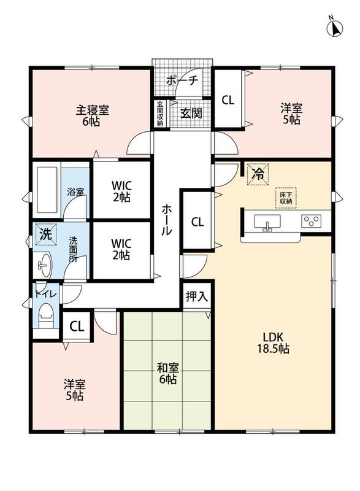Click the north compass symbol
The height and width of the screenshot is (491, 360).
[x=335, y=28]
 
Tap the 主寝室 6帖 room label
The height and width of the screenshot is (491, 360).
[x=92, y=116]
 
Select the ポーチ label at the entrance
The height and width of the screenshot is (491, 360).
[x=182, y=81]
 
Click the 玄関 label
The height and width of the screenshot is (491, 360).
[x=191, y=114]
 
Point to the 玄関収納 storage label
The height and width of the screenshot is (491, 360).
[x=160, y=114]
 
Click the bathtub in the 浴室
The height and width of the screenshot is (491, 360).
[x=47, y=190]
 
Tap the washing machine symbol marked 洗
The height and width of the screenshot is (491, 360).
[x=46, y=234]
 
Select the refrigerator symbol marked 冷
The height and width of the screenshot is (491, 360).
[x=258, y=174]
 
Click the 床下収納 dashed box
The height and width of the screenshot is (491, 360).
[x=286, y=198]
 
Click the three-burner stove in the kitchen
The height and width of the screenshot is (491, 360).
[x=311, y=221]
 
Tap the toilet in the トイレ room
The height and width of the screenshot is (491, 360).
[x=46, y=315]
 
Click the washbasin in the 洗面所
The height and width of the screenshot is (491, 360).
[x=45, y=265]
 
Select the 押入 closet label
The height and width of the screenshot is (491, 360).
[x=197, y=296]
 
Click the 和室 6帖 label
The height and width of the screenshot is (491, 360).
[x=168, y=373]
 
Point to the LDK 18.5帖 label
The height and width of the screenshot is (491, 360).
[x=273, y=343]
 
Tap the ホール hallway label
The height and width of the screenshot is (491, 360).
[x=167, y=220]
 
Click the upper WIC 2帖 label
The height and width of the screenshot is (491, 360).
[x=121, y=191]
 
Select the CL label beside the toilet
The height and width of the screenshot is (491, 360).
[x=77, y=327]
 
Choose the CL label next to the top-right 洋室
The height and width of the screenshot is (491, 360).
[x=228, y=100]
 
